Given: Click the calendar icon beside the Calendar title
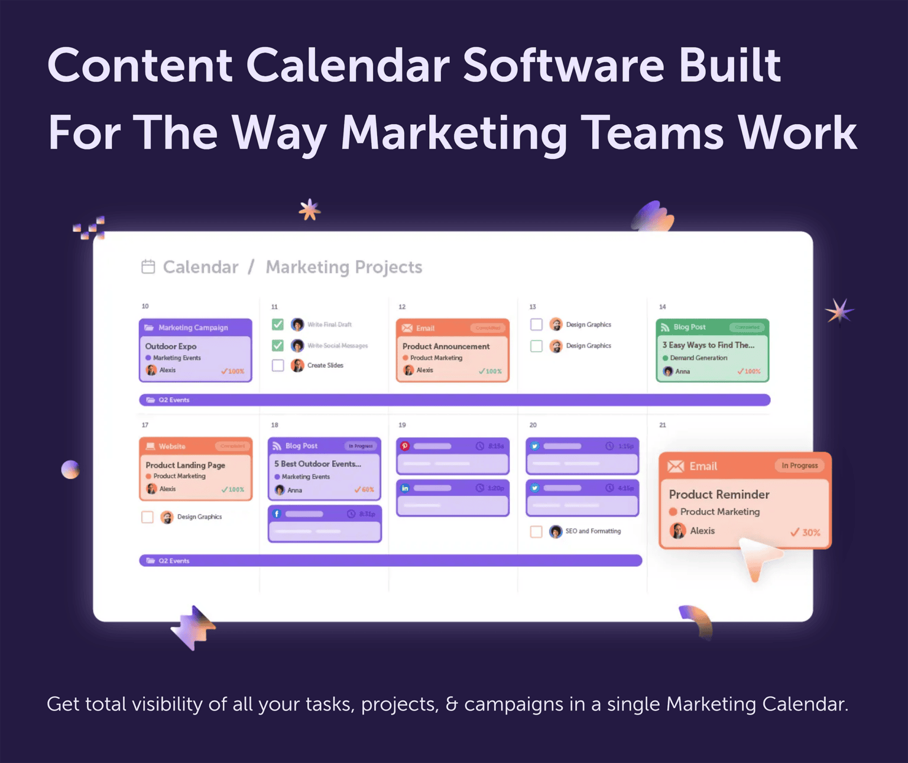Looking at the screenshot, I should (x=148, y=267).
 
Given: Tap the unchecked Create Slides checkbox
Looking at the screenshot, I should (x=278, y=365).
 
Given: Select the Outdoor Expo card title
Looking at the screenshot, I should (x=171, y=346).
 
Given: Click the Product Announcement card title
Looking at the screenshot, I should (x=446, y=346).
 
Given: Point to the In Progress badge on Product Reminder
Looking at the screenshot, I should (x=799, y=466).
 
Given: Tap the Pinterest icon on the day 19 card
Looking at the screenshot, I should (x=405, y=446).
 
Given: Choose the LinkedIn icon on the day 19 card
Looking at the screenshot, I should (x=405, y=488).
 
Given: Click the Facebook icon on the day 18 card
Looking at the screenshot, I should (x=277, y=514).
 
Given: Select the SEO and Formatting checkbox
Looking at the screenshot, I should (x=536, y=531).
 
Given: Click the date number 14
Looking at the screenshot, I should (x=663, y=307).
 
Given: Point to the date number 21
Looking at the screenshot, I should (x=663, y=425).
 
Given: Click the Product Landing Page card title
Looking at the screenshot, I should (x=185, y=465).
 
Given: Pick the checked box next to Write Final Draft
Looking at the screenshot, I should (x=278, y=324).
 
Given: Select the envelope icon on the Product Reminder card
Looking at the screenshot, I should (x=676, y=466).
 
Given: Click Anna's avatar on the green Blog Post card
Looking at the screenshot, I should (x=668, y=371).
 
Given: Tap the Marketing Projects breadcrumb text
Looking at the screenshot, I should (x=343, y=267).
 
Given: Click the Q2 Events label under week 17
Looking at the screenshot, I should (x=174, y=561).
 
